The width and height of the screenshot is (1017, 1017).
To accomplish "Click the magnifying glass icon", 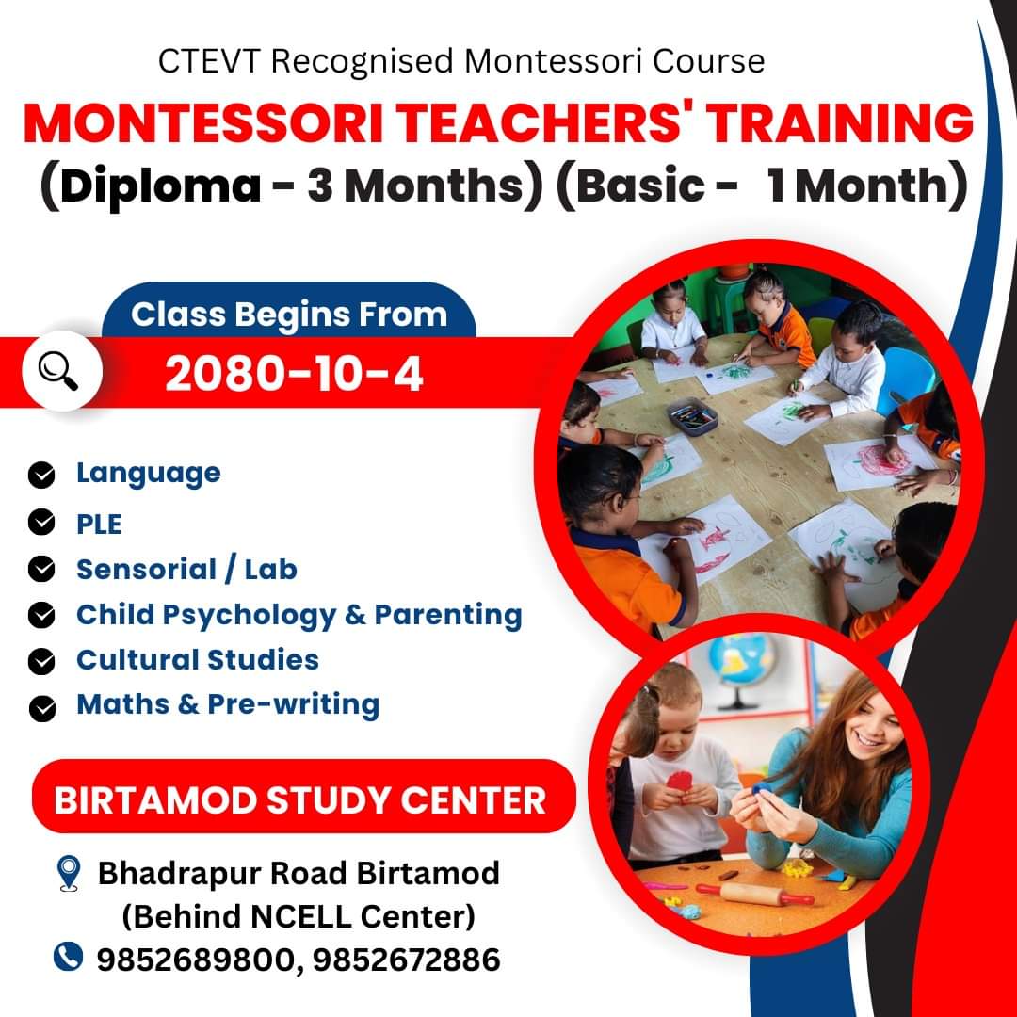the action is [x=59, y=372].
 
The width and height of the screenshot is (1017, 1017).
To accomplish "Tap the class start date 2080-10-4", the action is [x=294, y=374].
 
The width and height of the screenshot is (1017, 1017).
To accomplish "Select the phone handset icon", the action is [x=68, y=957].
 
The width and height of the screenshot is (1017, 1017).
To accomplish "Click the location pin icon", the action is [x=68, y=873].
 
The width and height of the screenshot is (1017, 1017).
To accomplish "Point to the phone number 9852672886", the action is [x=407, y=960].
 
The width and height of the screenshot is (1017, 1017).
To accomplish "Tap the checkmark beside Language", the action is [x=41, y=475].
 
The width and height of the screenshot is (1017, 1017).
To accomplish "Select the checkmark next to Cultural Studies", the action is [x=41, y=662].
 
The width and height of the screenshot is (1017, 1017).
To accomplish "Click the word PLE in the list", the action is [x=99, y=525].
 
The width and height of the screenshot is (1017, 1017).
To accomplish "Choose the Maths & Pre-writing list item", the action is [x=228, y=704].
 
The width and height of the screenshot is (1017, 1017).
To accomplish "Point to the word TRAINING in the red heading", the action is [x=840, y=122].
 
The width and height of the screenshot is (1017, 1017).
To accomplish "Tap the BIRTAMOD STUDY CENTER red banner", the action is [x=303, y=797].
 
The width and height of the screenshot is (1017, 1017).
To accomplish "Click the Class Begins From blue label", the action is [x=289, y=314].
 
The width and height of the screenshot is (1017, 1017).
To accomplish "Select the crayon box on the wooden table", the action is [x=693, y=416].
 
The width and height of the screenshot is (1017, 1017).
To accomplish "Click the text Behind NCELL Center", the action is [x=299, y=916].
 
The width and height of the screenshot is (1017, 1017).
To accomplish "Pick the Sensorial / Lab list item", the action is [x=186, y=570].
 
